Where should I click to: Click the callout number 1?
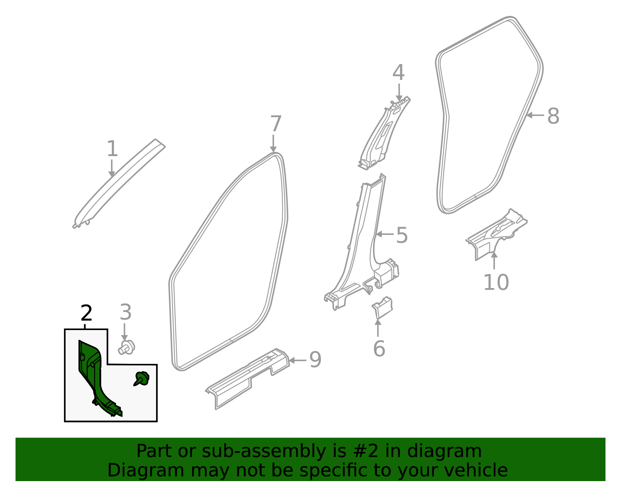(x=112, y=149)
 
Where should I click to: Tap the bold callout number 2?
(x=86, y=313)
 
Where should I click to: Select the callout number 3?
(x=125, y=313)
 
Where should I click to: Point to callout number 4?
(x=399, y=73)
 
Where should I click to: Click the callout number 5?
(x=402, y=236)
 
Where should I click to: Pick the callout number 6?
(x=379, y=348)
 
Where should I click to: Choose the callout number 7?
(x=275, y=124)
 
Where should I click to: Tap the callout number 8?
(x=553, y=116)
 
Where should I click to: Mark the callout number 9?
(x=315, y=360)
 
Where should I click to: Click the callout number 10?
(x=496, y=282)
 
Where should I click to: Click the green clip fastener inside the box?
(x=142, y=378)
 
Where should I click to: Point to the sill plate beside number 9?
(x=248, y=379)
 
